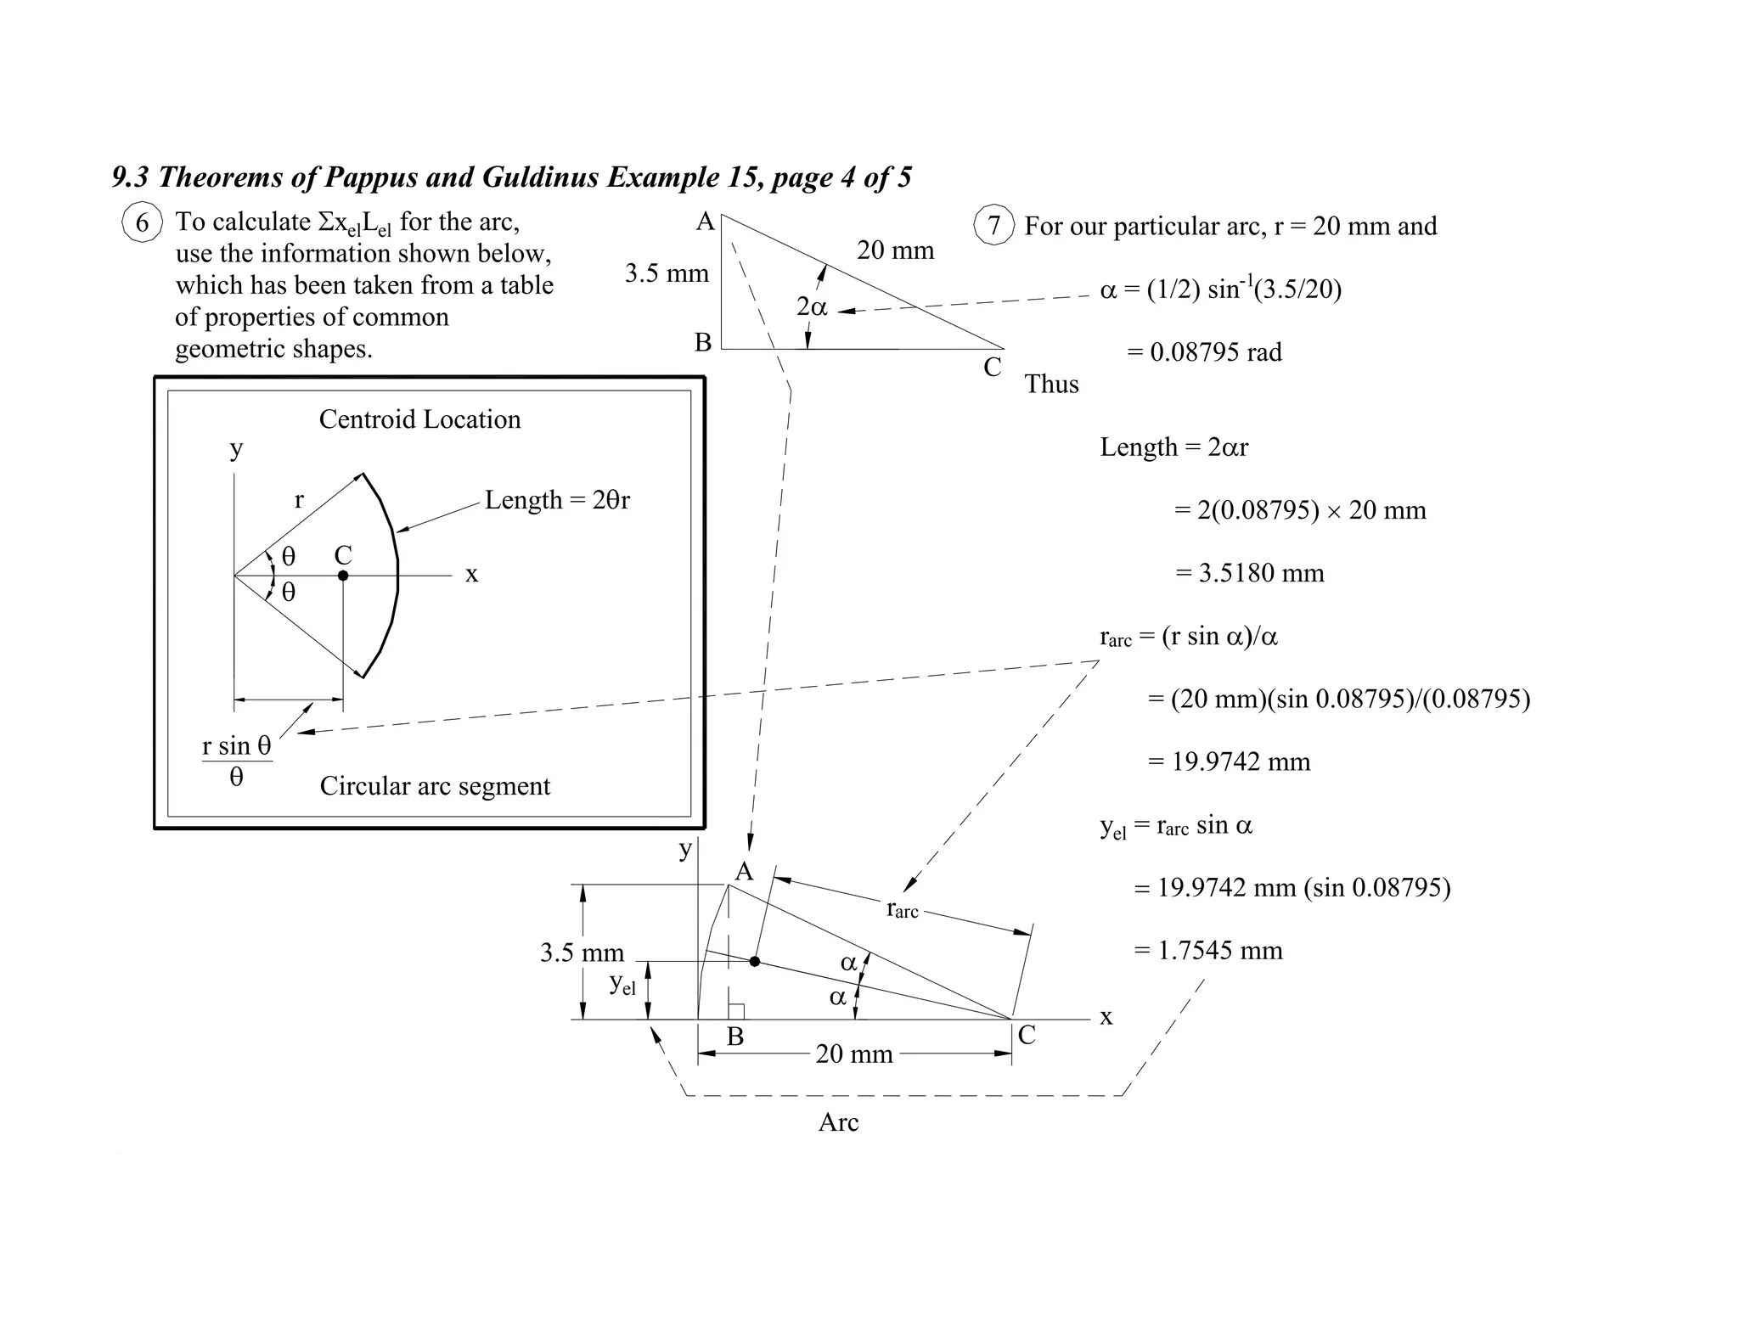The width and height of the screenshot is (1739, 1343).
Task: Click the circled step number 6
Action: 142,223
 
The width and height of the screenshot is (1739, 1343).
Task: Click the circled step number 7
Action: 993,226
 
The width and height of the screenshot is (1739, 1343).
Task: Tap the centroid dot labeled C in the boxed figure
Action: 343,576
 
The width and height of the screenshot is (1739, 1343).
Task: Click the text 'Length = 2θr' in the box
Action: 557,500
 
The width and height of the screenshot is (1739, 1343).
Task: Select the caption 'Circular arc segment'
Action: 435,786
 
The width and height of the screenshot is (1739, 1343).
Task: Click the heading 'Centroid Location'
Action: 419,419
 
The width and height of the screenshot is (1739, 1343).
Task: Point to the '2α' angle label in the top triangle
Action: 812,306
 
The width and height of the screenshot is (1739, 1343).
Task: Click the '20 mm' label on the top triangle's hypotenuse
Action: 895,250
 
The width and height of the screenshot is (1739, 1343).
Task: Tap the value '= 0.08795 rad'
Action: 1204,352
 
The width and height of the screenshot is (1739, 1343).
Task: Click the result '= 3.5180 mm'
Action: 1249,573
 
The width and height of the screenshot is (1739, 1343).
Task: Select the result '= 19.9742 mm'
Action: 1229,761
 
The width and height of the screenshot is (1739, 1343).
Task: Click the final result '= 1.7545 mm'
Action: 1208,950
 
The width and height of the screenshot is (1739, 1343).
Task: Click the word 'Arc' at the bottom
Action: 838,1122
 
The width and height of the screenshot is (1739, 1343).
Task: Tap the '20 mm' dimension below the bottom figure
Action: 854,1054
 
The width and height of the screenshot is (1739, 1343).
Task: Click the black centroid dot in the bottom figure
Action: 755,962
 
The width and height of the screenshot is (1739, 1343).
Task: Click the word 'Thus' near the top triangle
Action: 1051,385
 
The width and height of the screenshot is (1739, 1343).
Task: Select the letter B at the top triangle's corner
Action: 703,343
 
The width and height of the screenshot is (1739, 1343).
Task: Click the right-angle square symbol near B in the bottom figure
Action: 737,1012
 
